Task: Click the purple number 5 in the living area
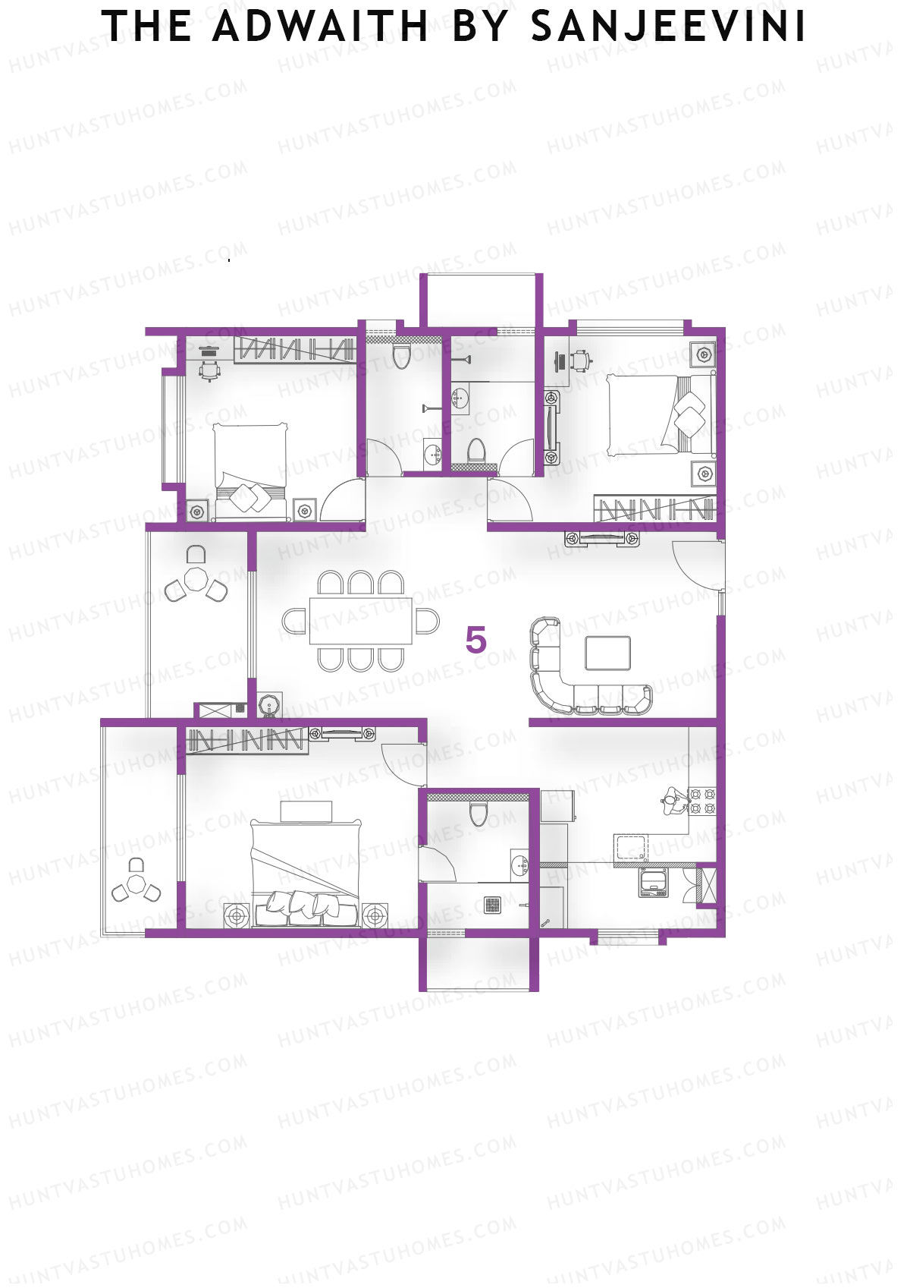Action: (475, 641)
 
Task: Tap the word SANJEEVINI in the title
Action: (667, 27)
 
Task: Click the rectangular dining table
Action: (360, 621)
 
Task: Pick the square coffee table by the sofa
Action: (607, 653)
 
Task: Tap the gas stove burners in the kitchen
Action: (701, 802)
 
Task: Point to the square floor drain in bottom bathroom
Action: (493, 904)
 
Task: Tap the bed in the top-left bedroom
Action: (250, 471)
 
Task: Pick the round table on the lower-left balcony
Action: (136, 884)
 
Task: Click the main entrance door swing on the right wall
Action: (696, 565)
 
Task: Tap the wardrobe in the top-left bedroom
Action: (294, 350)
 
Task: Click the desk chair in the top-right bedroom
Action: (582, 359)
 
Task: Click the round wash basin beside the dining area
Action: (270, 706)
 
